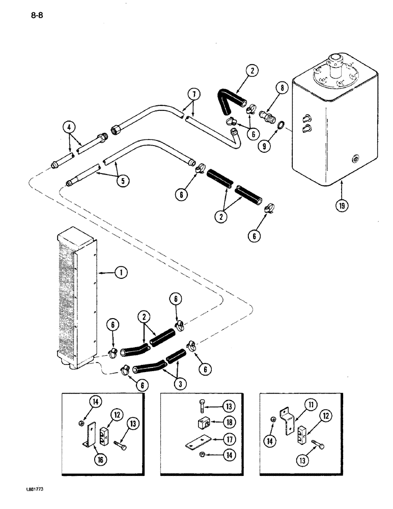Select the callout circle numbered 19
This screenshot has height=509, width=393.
(342, 207)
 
